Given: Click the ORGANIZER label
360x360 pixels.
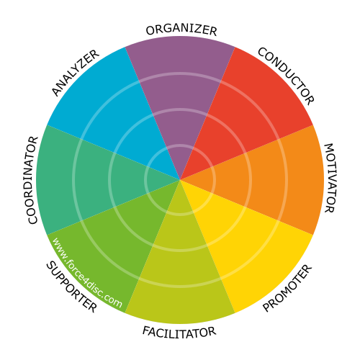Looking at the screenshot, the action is [181, 30].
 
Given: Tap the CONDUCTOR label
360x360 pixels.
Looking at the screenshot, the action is [286, 76].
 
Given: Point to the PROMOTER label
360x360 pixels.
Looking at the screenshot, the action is [287, 288].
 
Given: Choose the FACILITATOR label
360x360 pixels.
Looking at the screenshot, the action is [179, 332].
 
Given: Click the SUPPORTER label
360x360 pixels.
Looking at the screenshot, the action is [71, 287].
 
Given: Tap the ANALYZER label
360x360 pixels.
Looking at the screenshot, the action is [76, 73].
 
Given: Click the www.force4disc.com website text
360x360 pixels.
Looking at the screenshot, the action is [87, 273].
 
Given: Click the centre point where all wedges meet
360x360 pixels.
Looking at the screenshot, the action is [180, 180].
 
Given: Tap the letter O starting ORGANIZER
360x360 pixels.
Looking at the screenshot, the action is [150, 31].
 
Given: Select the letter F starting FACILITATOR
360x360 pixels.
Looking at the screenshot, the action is [146, 330].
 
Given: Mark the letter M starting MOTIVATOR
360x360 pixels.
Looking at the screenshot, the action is [330, 149].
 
